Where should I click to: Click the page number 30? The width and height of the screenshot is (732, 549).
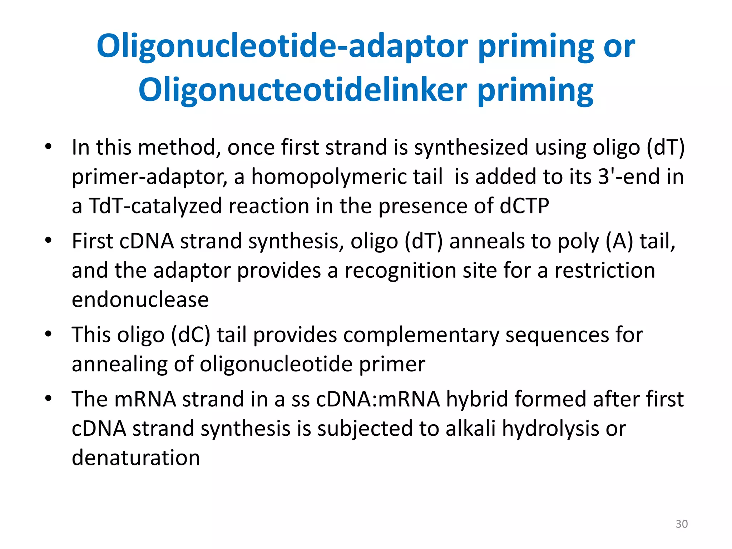(x=682, y=524)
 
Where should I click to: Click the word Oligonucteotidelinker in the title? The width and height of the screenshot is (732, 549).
(x=303, y=90)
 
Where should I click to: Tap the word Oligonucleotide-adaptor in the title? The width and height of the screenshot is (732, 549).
(x=282, y=46)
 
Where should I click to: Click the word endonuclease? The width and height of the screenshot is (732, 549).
(x=140, y=300)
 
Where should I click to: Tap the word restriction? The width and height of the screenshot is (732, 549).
(x=605, y=270)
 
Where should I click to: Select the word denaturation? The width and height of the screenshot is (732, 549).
(x=136, y=457)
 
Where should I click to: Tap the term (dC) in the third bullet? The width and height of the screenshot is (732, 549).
(x=191, y=335)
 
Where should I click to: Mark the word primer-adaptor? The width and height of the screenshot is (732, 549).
(x=149, y=177)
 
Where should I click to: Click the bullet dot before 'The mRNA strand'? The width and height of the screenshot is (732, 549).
(x=48, y=398)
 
